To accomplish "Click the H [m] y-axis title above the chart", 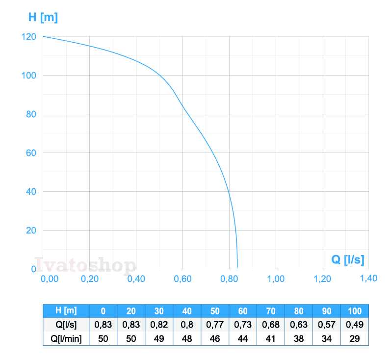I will point(43,18).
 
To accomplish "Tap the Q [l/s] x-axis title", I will point(347,259).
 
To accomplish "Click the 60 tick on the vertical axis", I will point(31,153).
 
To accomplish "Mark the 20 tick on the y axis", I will point(31,231).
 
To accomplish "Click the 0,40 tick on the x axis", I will point(136,279).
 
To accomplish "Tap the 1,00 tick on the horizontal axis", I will point(276,279).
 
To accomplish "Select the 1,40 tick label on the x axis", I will point(368,278).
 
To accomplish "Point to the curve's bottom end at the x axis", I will point(237,268).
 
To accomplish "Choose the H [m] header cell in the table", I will point(66,311).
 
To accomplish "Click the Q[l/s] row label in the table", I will point(66,325).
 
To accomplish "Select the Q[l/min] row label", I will point(66,338).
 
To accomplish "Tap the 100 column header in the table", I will point(354,311).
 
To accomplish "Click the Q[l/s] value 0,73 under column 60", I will point(242,325).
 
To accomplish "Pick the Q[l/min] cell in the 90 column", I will point(326,338).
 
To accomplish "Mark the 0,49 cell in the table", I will point(354,325).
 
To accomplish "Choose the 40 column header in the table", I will point(187,311).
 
